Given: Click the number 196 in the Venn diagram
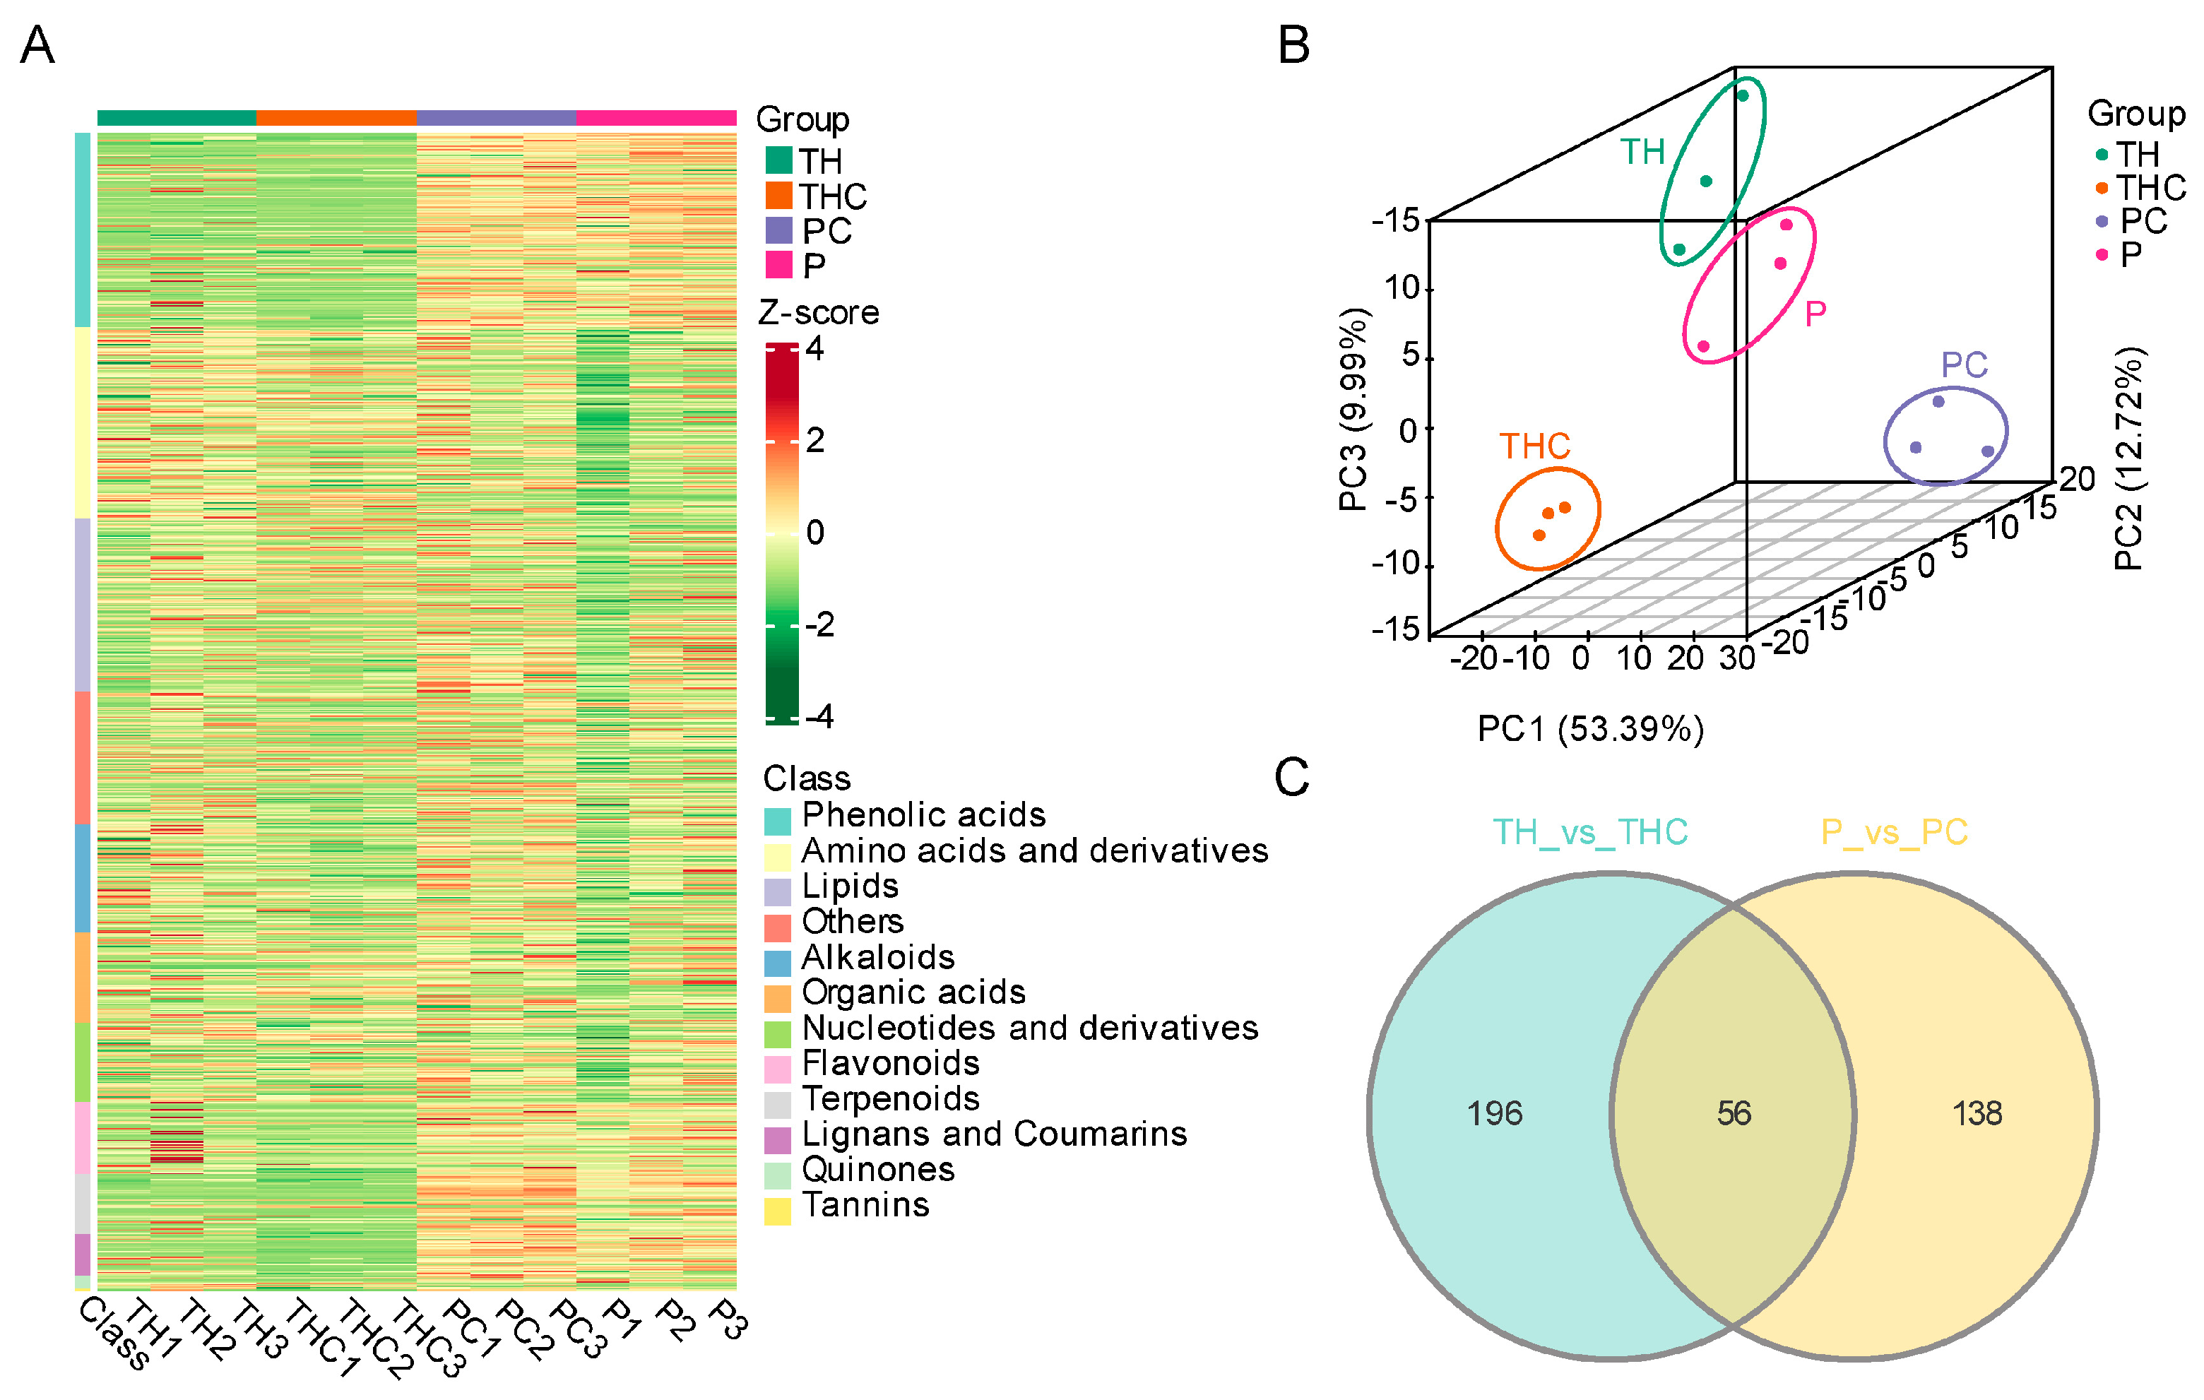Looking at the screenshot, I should click(1494, 1114).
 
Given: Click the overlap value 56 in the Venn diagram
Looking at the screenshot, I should click(1734, 1114).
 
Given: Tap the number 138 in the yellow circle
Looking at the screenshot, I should click(1977, 1114).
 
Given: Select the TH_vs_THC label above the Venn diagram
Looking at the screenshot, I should click(1590, 833).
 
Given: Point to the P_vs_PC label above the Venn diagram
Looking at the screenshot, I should click(1894, 833).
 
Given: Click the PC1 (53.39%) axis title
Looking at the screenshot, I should click(1591, 729).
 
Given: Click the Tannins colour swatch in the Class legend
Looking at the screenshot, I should click(777, 1211).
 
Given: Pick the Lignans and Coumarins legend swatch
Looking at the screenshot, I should click(777, 1140).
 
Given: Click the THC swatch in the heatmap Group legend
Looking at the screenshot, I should click(779, 196).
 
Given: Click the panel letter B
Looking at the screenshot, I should click(1293, 45).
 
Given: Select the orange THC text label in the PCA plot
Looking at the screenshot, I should click(1534, 446).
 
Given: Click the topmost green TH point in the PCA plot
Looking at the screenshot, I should click(1743, 95).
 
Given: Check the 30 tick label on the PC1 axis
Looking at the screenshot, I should click(1736, 658).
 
